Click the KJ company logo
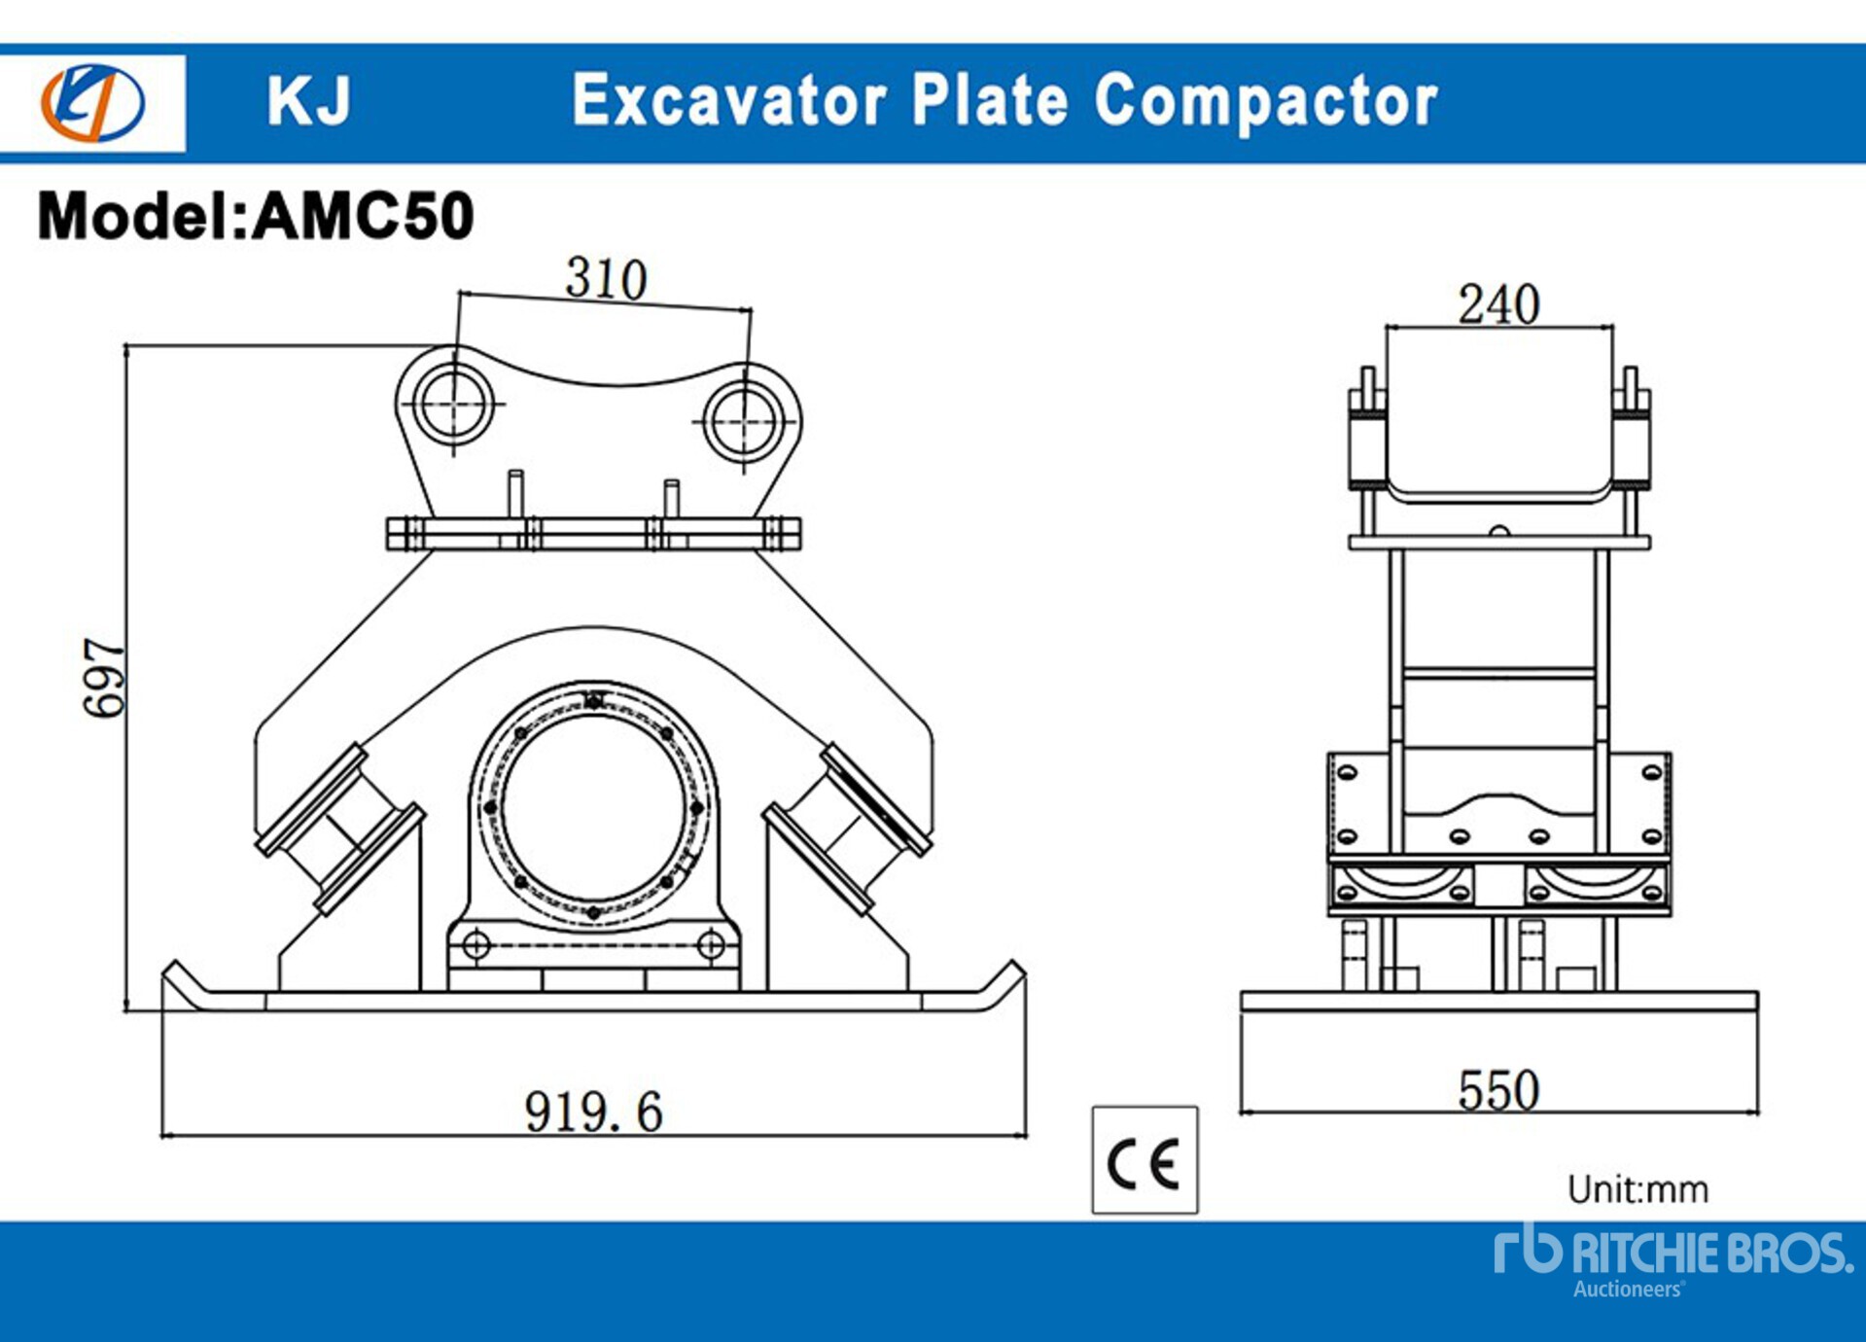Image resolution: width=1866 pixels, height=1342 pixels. click(93, 102)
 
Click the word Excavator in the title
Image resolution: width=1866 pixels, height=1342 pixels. click(728, 100)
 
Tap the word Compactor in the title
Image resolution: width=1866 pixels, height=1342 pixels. click(1265, 100)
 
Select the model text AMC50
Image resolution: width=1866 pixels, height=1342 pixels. click(363, 215)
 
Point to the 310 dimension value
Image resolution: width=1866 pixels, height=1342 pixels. click(606, 279)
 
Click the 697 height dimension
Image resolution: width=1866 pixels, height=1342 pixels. click(104, 678)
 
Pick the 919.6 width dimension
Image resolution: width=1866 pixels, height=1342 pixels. click(593, 1111)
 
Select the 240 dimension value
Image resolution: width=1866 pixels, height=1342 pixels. click(1497, 304)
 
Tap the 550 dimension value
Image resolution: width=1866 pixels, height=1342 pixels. click(1497, 1090)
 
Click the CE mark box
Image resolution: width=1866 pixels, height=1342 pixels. click(1144, 1160)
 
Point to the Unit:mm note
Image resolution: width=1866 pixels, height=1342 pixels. click(1637, 1189)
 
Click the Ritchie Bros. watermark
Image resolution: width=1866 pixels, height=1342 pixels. click(1672, 1260)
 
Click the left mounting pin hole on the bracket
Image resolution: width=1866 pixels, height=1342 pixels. click(453, 404)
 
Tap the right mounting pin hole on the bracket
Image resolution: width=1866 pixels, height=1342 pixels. click(744, 421)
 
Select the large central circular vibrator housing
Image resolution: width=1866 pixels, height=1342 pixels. click(593, 807)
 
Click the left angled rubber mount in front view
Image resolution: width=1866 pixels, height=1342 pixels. click(339, 830)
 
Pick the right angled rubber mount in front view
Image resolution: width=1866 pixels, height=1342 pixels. click(847, 830)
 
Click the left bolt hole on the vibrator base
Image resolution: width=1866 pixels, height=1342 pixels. click(475, 944)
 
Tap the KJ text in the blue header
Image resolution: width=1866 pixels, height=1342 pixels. click(308, 100)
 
